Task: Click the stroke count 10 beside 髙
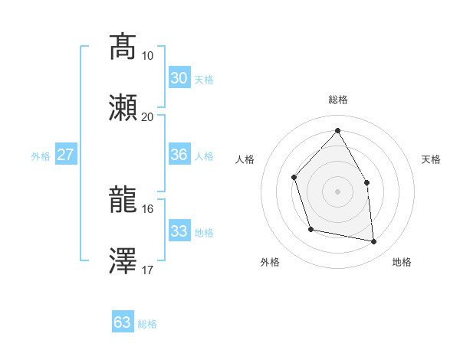point(147,56)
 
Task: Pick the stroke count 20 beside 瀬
point(147,116)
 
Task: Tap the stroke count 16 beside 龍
point(147,208)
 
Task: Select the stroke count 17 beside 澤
point(147,270)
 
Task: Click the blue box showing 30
point(179,78)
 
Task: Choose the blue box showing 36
point(179,155)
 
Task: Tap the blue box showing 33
point(179,231)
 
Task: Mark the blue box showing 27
point(65,155)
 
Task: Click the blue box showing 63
point(122,322)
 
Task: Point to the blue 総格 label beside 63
point(147,324)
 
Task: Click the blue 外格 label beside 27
point(41,156)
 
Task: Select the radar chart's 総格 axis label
point(337,100)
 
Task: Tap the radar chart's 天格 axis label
point(431,159)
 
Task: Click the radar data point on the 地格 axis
point(374,242)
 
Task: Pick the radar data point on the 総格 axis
point(337,130)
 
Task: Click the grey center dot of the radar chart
point(337,191)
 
